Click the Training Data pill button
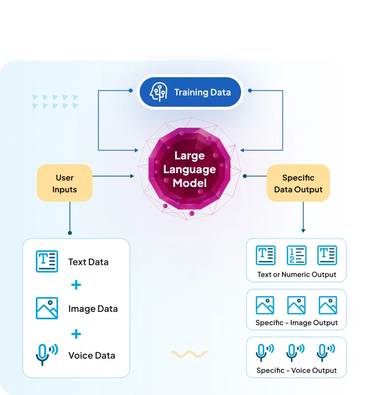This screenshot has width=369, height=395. pos(190,91)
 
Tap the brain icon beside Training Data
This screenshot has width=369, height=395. pos(158,91)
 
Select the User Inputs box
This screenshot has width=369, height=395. pos(64,183)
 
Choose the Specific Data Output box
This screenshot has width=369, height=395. pos(298,183)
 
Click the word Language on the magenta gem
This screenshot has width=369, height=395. pos(189,170)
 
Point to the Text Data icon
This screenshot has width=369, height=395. pos(47,261)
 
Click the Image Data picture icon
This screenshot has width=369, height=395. pos(47,308)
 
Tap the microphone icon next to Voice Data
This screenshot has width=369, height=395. pos(46,354)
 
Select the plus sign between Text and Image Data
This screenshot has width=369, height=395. pos(76,285)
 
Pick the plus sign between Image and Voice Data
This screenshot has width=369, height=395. pos(76,334)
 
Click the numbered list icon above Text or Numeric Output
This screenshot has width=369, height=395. pos(296,255)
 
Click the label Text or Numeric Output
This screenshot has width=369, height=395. pos(297,274)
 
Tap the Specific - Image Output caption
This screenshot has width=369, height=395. pos(297,323)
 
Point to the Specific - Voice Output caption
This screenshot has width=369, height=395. pos(297,370)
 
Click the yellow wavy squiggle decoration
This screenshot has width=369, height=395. pos(189,353)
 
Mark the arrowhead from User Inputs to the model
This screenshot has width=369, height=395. pos(132,176)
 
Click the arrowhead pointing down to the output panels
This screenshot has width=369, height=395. pos(303,230)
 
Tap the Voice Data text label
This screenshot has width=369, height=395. pos(92,355)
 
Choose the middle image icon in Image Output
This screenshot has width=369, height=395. pos(296,305)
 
